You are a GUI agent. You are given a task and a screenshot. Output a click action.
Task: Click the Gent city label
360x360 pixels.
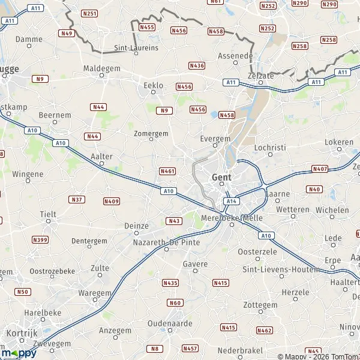(221, 178)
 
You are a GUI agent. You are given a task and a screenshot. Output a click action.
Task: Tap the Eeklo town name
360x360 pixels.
(154, 86)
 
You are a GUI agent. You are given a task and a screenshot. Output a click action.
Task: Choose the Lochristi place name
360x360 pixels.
(270, 146)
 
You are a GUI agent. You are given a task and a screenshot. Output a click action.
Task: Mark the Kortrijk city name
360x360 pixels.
(22, 332)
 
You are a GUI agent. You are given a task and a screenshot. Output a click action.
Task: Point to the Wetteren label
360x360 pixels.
(293, 210)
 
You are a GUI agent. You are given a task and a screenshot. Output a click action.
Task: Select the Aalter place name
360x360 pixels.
(101, 156)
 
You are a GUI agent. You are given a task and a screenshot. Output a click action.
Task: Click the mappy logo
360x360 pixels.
(19, 353)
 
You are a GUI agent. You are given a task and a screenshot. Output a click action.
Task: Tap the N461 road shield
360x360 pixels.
(168, 171)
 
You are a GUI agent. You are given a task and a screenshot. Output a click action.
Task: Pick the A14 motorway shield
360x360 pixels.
(232, 200)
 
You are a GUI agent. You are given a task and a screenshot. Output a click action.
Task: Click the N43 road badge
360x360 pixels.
(174, 221)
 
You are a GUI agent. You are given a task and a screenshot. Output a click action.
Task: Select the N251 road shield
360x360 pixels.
(89, 13)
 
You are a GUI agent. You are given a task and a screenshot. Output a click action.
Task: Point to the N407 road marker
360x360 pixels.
(320, 169)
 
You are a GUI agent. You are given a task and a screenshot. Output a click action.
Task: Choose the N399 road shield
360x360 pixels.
(41, 240)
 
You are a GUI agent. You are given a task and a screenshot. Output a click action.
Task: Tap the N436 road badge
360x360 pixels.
(196, 65)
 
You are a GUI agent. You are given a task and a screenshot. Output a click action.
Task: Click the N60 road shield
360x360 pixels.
(175, 303)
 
